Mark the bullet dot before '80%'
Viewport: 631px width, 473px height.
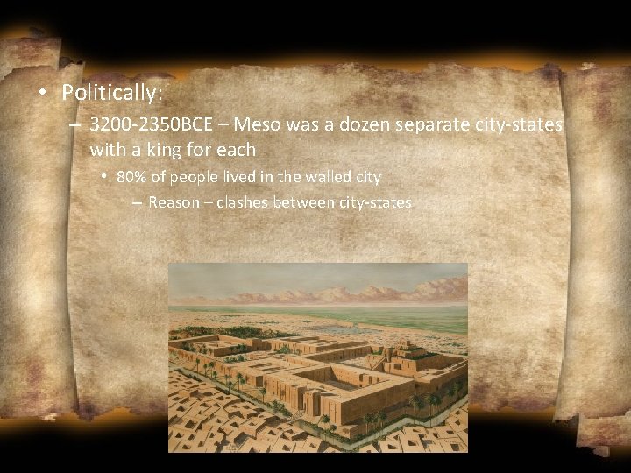(103, 177)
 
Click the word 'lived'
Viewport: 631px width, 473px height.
(238, 177)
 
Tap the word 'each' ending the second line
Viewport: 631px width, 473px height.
(236, 151)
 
